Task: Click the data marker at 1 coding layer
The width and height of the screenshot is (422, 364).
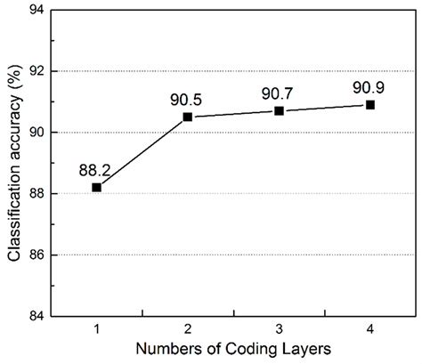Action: (96, 187)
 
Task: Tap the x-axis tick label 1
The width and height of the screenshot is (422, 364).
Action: (96, 330)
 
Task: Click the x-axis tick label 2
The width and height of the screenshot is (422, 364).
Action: (187, 330)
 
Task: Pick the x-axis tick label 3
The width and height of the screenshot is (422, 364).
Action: (279, 330)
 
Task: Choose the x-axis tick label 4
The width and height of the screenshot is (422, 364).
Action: (370, 330)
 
